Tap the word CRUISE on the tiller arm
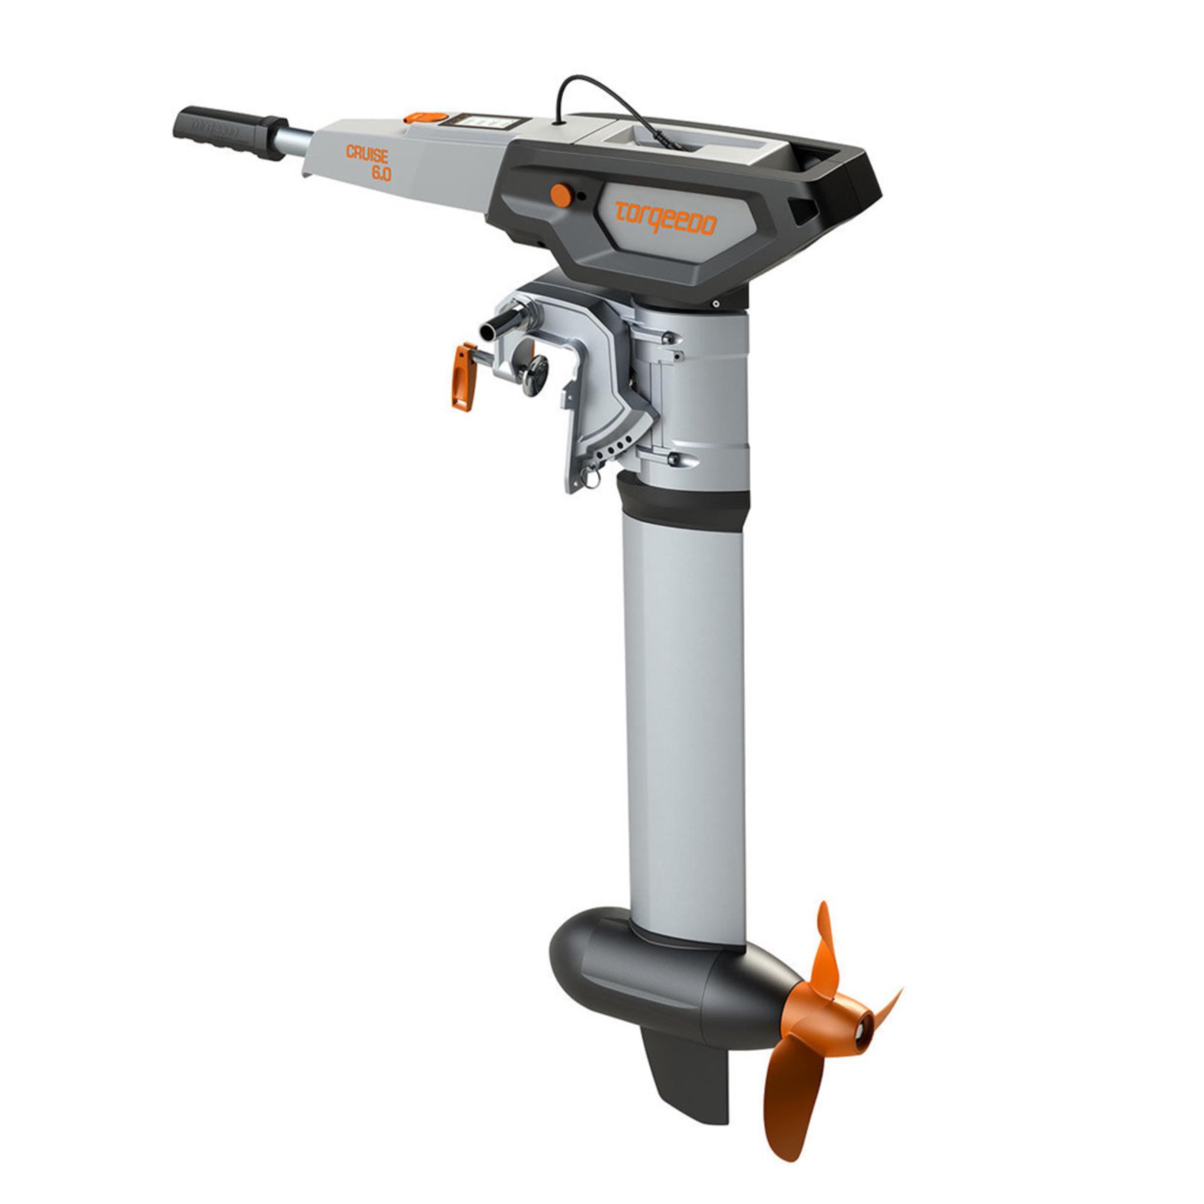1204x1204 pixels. pos(367,154)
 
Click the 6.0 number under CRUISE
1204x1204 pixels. pos(380,173)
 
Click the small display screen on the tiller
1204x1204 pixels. pos(480,121)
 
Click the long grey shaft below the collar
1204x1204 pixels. pos(684,721)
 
